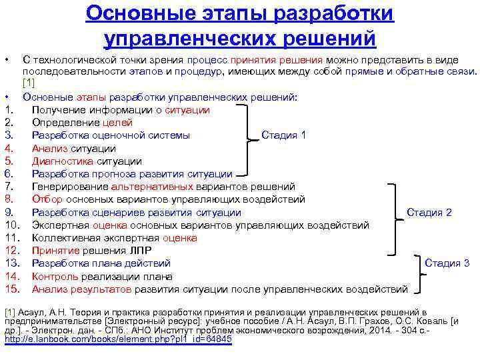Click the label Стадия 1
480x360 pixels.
[x=283, y=135]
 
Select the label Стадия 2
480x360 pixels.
[x=429, y=213]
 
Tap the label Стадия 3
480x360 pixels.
[x=447, y=263]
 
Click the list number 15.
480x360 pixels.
[x=11, y=289]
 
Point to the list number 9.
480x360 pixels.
[x=9, y=213]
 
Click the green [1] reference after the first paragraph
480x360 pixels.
[x=28, y=83]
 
